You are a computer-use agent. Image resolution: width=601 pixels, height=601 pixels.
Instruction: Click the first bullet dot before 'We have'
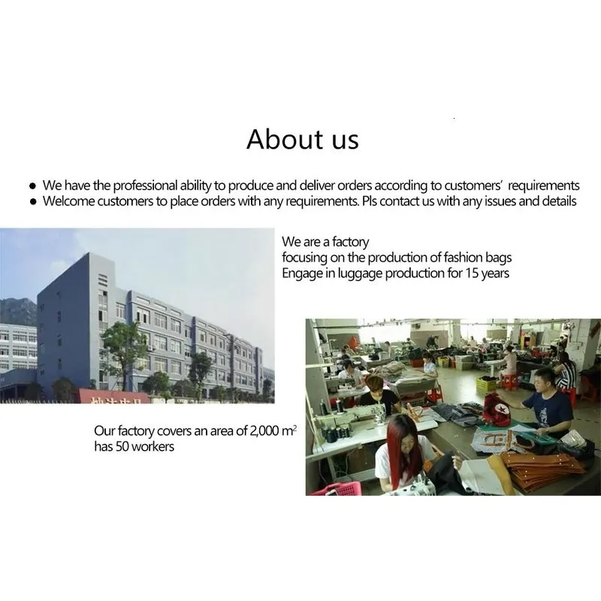(x=32, y=186)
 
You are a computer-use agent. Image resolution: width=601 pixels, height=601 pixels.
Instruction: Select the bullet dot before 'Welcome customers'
(x=33, y=201)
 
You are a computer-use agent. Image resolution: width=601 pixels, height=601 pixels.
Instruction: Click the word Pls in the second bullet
(x=370, y=201)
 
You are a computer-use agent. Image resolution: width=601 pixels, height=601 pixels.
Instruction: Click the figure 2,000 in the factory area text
(x=264, y=430)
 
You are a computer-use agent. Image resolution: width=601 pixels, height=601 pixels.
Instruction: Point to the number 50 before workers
(x=122, y=446)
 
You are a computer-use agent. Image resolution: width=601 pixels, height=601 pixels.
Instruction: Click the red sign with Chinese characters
(x=114, y=397)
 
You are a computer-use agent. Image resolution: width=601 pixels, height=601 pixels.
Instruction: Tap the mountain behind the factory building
(x=18, y=310)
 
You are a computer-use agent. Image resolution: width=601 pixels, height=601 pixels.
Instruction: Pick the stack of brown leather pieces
(x=539, y=469)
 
